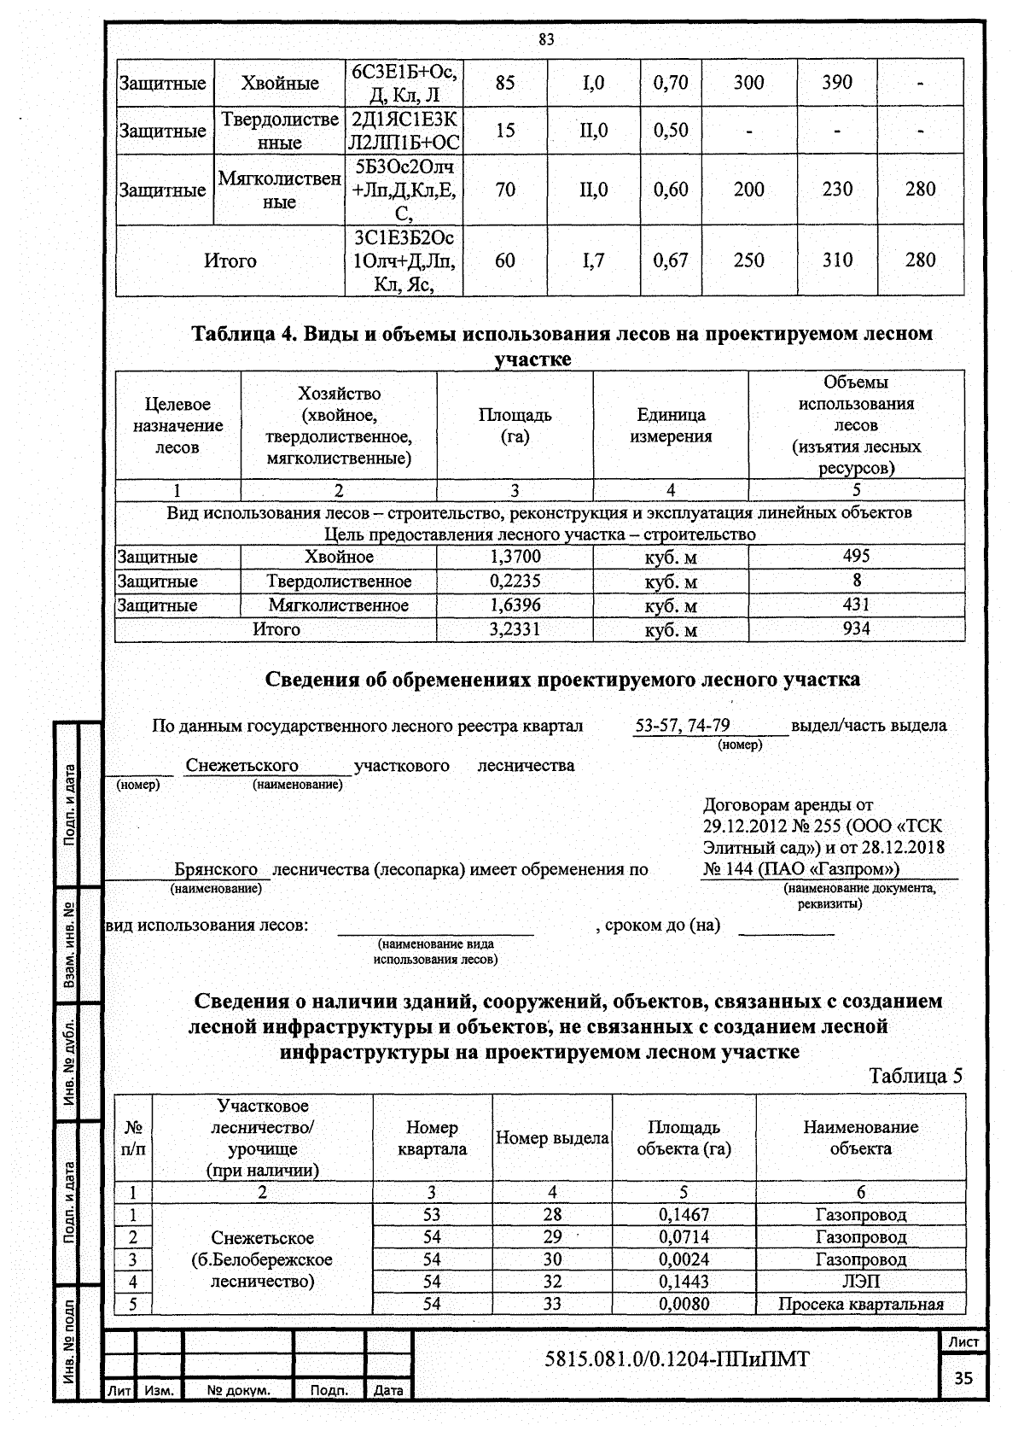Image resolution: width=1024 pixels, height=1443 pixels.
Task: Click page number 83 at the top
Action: click(x=546, y=39)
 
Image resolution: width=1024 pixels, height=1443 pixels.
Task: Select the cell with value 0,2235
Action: click(x=515, y=581)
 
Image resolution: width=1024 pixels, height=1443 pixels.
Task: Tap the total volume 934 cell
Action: click(x=856, y=629)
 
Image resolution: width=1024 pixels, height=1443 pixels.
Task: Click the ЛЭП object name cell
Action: click(x=860, y=1282)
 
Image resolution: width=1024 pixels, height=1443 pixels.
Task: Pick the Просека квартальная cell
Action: click(x=860, y=1304)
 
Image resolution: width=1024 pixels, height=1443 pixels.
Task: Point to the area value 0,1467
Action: click(x=684, y=1214)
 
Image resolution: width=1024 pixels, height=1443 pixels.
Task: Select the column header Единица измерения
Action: click(x=671, y=425)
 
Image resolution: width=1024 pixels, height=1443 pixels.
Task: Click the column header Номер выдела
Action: click(x=552, y=1138)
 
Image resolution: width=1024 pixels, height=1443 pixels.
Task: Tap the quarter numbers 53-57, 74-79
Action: click(x=682, y=726)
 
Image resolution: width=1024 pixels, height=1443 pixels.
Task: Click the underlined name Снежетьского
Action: click(x=242, y=765)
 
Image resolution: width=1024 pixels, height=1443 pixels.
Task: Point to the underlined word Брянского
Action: click(x=216, y=869)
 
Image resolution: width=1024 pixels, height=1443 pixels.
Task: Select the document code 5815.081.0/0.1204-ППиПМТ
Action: click(x=676, y=1358)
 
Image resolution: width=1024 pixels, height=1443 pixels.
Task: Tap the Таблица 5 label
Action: click(x=915, y=1076)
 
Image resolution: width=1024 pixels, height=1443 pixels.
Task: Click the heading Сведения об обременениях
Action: click(x=562, y=680)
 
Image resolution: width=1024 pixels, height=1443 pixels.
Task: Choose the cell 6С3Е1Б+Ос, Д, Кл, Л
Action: click(x=404, y=83)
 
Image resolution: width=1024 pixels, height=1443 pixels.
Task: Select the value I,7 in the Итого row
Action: click(x=593, y=260)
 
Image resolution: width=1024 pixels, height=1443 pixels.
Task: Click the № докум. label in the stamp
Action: click(x=238, y=1391)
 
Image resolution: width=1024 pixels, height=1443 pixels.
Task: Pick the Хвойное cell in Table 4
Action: click(x=339, y=557)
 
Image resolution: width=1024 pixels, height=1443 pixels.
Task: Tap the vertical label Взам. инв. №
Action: click(x=67, y=945)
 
